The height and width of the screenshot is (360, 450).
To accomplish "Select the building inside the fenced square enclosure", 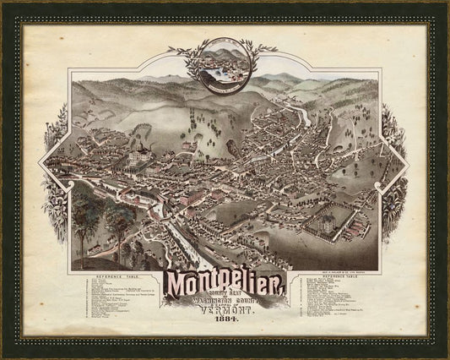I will click(x=324, y=222).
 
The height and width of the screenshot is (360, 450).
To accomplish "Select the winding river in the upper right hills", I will click(x=291, y=114).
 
